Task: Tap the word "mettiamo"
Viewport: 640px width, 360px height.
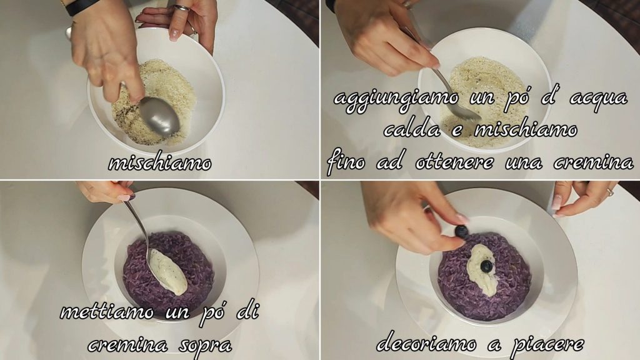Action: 107,312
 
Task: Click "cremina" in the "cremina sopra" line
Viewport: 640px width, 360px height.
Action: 127,346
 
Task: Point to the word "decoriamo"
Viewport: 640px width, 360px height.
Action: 426,343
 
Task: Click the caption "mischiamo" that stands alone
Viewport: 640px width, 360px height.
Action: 159,163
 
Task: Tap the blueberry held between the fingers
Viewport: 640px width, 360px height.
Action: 461,232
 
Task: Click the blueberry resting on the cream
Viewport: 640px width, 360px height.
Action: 486,267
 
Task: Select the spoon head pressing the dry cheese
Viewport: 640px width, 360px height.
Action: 160,117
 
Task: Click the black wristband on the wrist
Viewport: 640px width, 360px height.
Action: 82,6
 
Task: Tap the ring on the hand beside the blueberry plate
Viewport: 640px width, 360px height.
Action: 610,191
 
